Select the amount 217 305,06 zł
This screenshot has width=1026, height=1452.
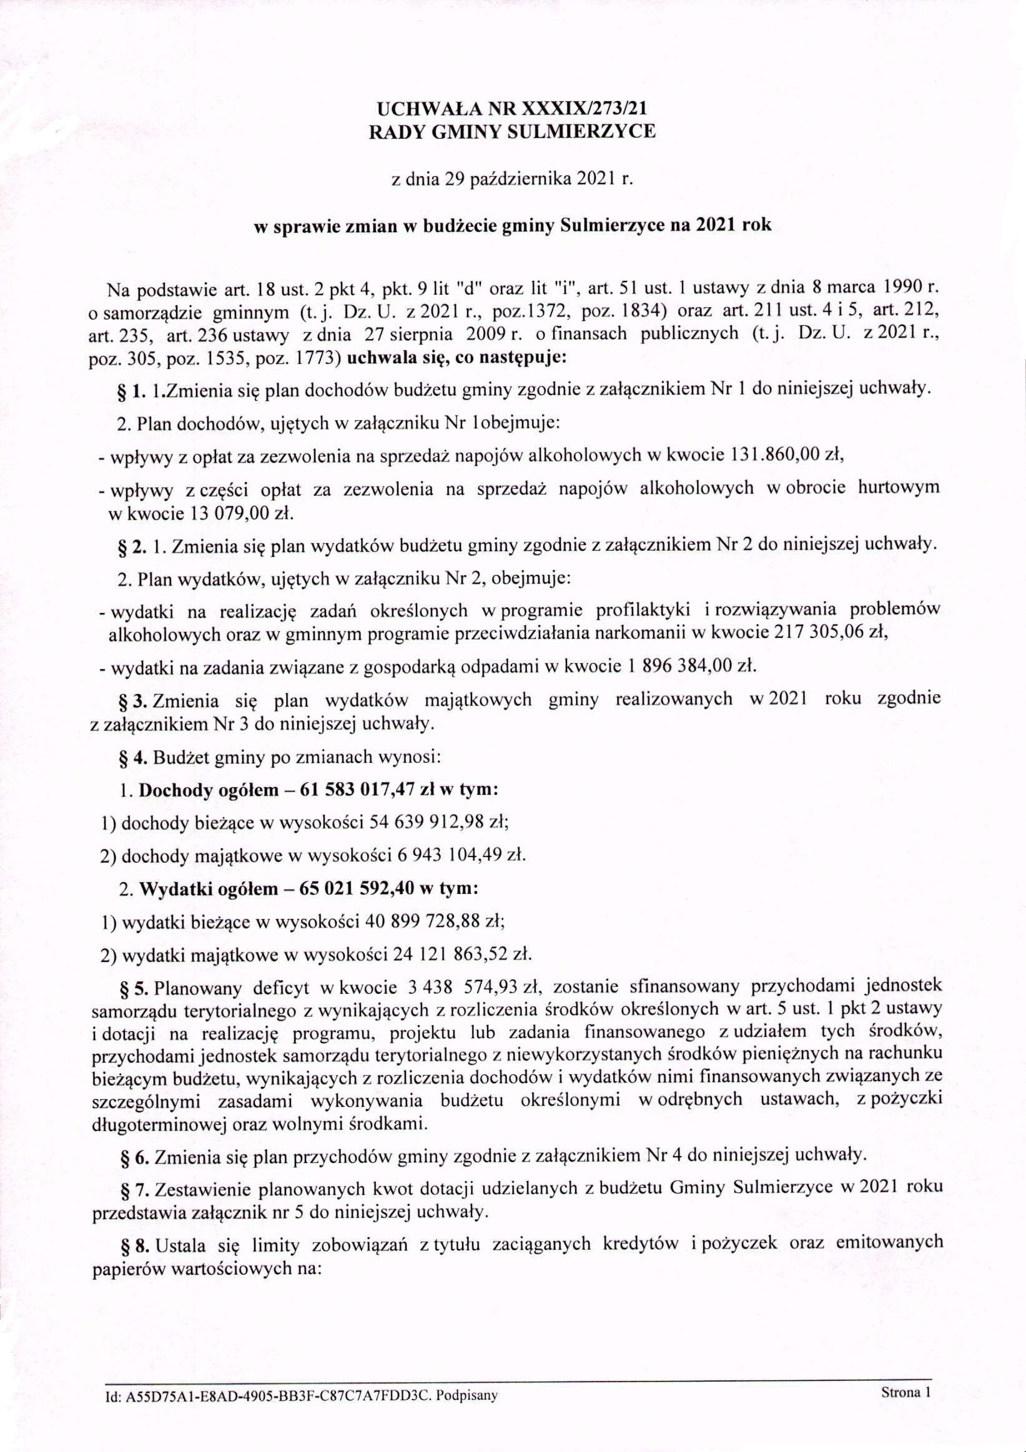(x=831, y=633)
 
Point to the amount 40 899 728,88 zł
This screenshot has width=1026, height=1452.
(x=440, y=921)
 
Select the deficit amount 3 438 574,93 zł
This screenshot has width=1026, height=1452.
(x=480, y=986)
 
